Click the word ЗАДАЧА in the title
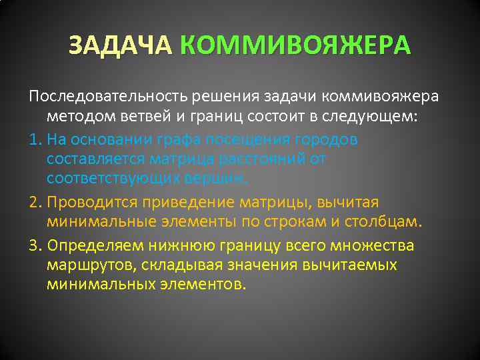pyautogui.click(x=121, y=46)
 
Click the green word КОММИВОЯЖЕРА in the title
pyautogui.click(x=295, y=46)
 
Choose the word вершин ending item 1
pyautogui.click(x=217, y=179)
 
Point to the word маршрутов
pyautogui.click(x=83, y=265)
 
